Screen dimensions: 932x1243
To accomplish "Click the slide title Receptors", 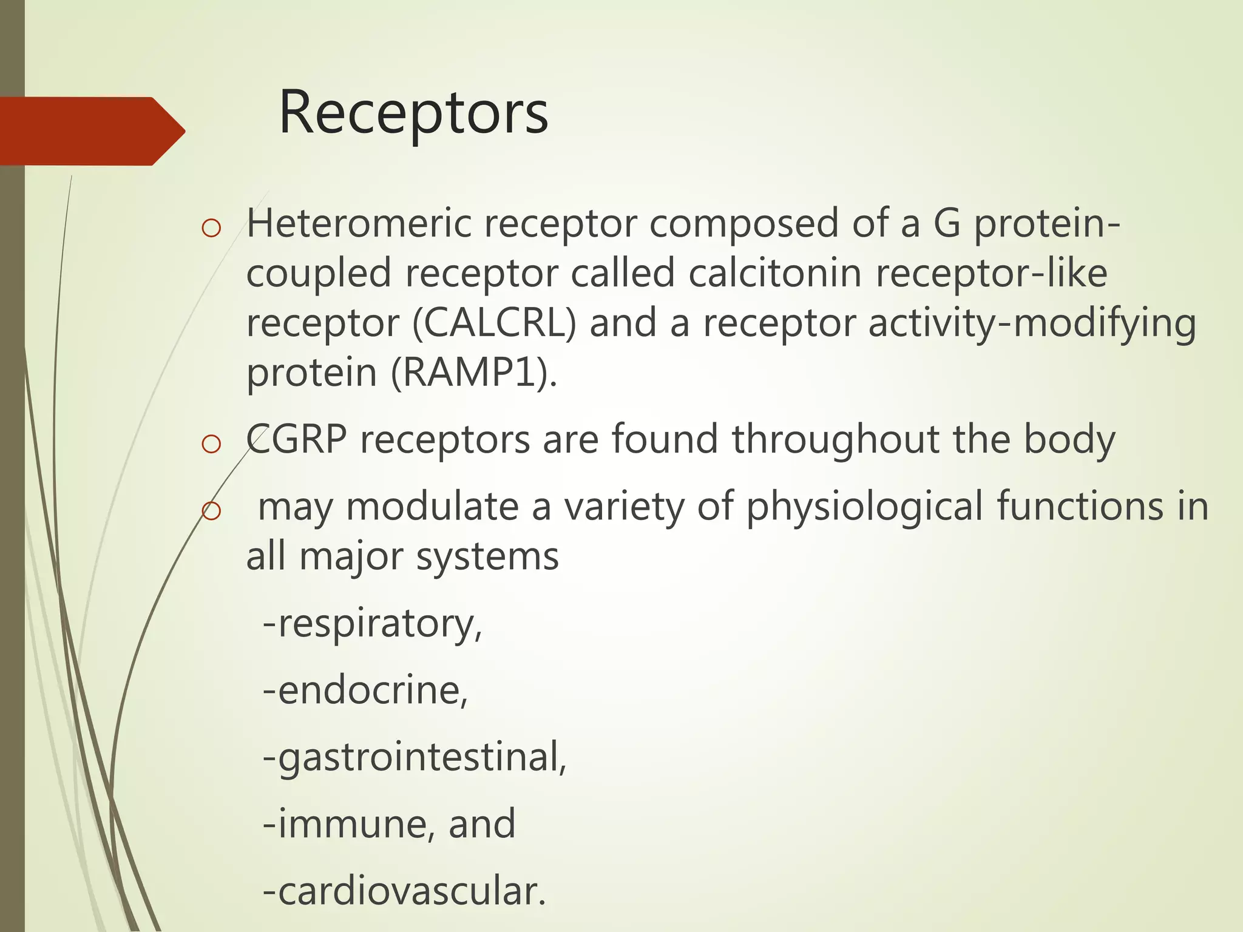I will [413, 113].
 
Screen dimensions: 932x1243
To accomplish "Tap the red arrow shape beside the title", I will [91, 131].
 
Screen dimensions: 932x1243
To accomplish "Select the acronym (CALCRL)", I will [494, 323].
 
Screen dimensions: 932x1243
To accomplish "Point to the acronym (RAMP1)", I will [473, 373].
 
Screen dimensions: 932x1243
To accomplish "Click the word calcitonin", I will [775, 273].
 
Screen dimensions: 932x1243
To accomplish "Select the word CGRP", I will [296, 439].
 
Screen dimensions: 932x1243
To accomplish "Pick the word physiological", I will [864, 506].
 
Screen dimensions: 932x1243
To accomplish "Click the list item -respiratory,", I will [372, 624].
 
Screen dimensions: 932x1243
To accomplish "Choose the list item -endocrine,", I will [365, 691].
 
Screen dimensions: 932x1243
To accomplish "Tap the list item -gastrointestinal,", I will [415, 758].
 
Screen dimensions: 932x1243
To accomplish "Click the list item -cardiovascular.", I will [404, 891].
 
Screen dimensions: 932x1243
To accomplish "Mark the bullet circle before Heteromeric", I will [211, 229].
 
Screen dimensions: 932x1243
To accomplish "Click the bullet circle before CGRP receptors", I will [211, 444].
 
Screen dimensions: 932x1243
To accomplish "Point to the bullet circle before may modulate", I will [211, 512].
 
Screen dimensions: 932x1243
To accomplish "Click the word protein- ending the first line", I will [1047, 223].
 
